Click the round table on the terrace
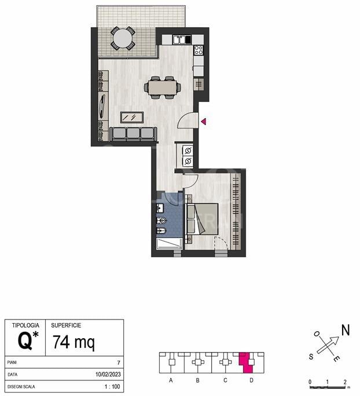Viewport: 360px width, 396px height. [123, 38]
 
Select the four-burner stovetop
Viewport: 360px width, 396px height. [199, 50]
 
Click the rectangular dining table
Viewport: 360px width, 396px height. [162, 87]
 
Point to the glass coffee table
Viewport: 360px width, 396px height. [132, 118]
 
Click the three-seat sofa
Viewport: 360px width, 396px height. [133, 134]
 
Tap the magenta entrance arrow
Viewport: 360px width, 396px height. [204, 122]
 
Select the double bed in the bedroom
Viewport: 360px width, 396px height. [202, 219]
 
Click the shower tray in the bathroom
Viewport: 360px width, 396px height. [169, 244]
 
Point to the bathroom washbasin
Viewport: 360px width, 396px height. [160, 208]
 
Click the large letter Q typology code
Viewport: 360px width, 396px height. [25, 341]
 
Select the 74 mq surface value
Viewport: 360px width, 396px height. [74, 342]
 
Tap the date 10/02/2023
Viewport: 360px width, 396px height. [108, 374]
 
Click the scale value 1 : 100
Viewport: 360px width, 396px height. [112, 386]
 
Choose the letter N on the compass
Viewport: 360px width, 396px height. [346, 330]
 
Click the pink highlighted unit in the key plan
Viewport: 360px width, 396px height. [247, 362]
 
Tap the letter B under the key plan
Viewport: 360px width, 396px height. [198, 380]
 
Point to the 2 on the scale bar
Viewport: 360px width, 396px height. [345, 382]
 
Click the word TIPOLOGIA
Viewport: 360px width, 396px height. [25, 325]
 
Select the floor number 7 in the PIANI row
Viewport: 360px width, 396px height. [119, 362]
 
